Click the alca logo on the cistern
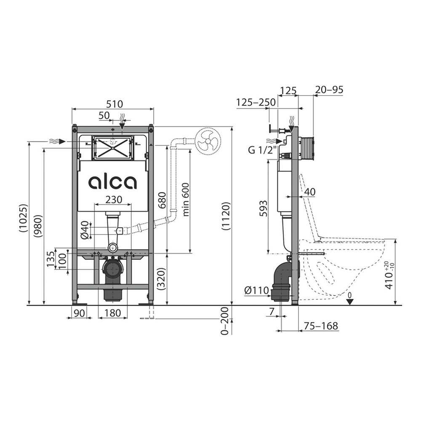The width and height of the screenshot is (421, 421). pyautogui.click(x=113, y=182)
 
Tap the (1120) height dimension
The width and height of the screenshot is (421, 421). pyautogui.click(x=226, y=216)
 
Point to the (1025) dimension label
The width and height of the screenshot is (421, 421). pyautogui.click(x=24, y=218)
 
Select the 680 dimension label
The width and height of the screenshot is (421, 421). pyautogui.click(x=162, y=200)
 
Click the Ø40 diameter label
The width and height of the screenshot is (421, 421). pyautogui.click(x=84, y=229)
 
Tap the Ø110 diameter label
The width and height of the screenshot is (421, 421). pyautogui.click(x=256, y=290)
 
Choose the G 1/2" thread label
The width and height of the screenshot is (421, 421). pyautogui.click(x=262, y=150)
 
